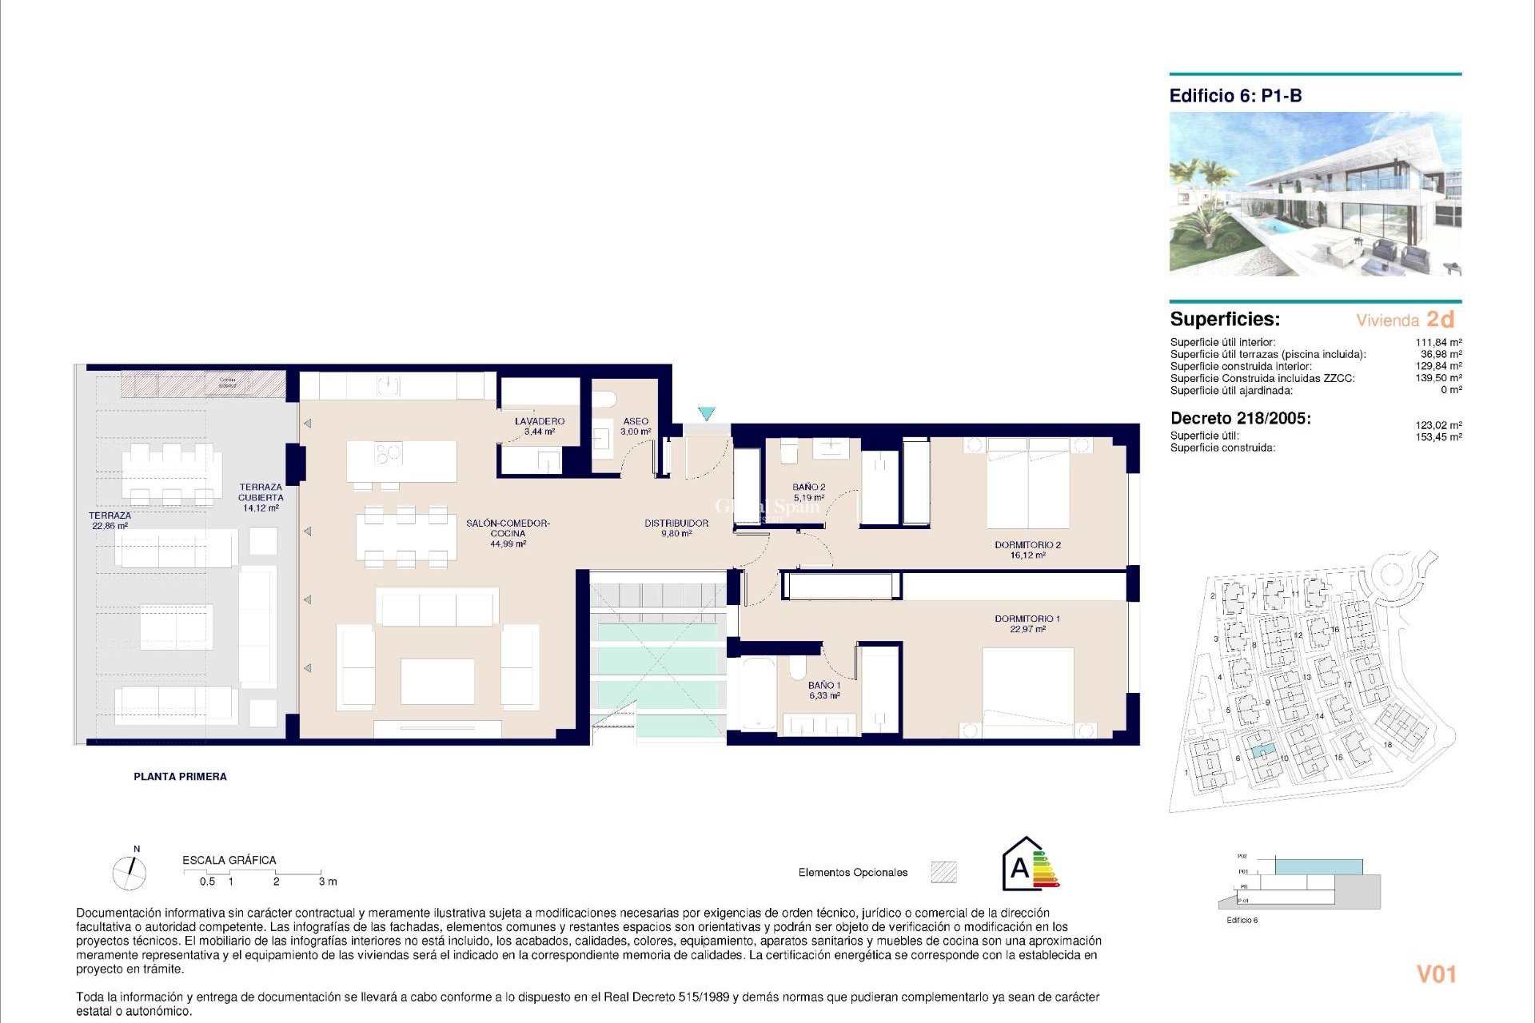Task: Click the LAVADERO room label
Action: click(540, 421)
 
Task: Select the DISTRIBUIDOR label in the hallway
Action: click(676, 523)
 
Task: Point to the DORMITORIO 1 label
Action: click(1027, 619)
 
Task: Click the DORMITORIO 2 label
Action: click(1027, 545)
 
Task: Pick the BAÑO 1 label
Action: click(823, 686)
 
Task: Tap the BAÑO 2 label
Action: click(809, 487)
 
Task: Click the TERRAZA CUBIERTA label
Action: click(261, 492)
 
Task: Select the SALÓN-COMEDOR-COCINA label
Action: click(508, 528)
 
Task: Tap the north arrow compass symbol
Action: click(130, 872)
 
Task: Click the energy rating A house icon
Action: click(1021, 866)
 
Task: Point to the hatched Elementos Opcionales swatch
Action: click(943, 872)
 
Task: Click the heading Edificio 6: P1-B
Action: click(1235, 96)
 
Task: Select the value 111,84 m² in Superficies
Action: click(1438, 342)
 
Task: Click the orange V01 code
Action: click(1436, 974)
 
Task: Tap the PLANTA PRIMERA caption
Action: click(180, 776)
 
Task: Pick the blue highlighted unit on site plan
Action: click(1262, 750)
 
